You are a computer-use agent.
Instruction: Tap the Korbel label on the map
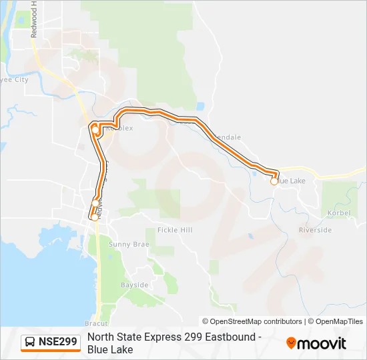(339, 214)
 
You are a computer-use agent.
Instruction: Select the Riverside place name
(315, 230)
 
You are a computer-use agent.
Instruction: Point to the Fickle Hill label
(175, 230)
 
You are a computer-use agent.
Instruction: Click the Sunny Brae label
(129, 245)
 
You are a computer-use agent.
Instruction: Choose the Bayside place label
(134, 285)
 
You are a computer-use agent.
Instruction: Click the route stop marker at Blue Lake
(274, 181)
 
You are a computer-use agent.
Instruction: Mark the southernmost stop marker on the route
(94, 217)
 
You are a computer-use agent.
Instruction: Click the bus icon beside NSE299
(31, 343)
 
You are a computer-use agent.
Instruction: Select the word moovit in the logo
(322, 343)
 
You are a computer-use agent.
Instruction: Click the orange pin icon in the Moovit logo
(291, 343)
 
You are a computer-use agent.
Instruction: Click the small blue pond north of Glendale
(200, 105)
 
